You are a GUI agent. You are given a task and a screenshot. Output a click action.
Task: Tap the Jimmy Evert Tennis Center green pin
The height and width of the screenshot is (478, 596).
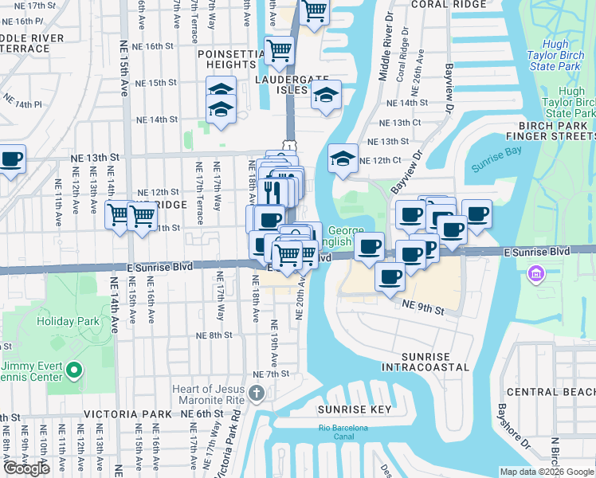[74, 370]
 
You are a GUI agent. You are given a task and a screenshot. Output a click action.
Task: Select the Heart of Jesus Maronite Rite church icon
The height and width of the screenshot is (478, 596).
[256, 392]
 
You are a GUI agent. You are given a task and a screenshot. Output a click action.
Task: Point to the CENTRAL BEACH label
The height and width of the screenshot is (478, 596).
[551, 392]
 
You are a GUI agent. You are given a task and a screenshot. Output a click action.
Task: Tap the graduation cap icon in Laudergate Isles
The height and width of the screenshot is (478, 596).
[325, 96]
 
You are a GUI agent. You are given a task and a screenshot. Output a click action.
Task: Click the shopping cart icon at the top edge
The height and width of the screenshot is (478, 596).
[315, 11]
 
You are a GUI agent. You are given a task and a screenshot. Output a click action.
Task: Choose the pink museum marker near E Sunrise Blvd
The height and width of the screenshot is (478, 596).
[535, 276]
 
